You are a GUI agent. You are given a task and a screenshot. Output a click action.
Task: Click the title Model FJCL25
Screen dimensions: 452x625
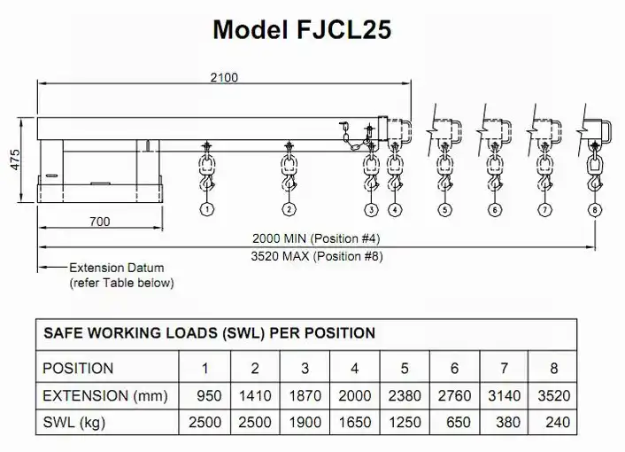pos(303,29)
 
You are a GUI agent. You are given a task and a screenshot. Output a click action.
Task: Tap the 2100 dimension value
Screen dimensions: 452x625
pos(224,77)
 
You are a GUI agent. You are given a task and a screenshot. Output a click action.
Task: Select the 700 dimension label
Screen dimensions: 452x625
pos(99,221)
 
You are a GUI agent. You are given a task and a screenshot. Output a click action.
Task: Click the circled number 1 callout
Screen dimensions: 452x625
pos(206,210)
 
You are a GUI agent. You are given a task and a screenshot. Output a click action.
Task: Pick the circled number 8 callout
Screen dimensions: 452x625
pos(593,210)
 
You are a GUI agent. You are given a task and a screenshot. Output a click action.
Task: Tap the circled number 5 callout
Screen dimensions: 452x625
pos(444,210)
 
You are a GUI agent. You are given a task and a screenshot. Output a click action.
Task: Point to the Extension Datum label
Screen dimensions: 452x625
pos(117,268)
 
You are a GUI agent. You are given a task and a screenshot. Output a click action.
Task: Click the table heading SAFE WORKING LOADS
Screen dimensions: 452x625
pos(209,333)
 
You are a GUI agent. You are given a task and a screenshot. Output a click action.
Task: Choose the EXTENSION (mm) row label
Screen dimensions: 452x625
pos(105,396)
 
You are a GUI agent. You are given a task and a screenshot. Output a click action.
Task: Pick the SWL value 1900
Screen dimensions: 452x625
pos(305,424)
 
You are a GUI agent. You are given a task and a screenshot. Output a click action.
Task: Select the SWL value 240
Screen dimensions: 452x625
pos(559,424)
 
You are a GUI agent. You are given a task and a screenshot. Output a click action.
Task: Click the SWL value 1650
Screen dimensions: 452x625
pos(355,424)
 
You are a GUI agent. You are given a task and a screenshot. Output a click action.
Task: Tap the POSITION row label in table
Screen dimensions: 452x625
pos(79,368)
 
